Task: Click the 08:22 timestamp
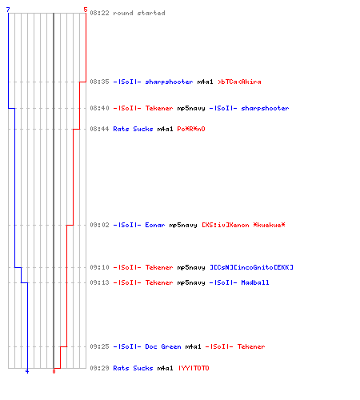[99, 13]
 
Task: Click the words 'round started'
[139, 13]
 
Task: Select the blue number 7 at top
[8, 10]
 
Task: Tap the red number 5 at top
[86, 10]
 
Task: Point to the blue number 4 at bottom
[27, 371]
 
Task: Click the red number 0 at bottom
[54, 371]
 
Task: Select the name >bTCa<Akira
[239, 82]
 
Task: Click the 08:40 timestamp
[99, 108]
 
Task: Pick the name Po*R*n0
[191, 129]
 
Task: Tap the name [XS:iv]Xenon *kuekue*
[243, 225]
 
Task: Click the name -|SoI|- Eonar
[139, 225]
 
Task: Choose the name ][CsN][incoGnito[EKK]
[251, 267]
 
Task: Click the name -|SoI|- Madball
[239, 282]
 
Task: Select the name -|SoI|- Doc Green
[147, 346]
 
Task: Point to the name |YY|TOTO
[194, 368]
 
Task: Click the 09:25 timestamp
[99, 346]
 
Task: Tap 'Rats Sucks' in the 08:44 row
[133, 129]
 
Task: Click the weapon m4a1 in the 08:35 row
[205, 82]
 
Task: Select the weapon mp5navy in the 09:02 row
[183, 226]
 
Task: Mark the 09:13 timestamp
[99, 282]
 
